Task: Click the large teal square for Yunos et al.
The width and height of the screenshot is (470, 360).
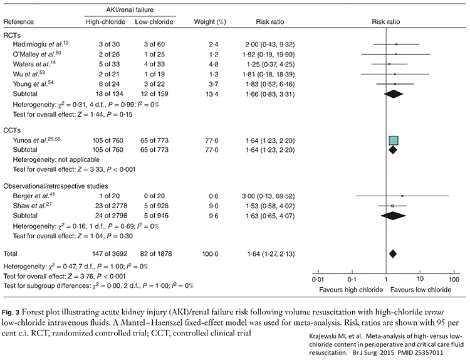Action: [394, 140]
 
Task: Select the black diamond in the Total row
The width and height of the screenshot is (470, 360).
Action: [393, 253]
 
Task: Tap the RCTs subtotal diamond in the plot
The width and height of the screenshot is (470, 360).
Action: [393, 93]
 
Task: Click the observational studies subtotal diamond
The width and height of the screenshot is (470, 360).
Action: [393, 214]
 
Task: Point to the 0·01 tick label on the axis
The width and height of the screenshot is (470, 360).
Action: [318, 278]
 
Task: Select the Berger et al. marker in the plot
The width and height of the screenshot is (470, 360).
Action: [402, 196]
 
